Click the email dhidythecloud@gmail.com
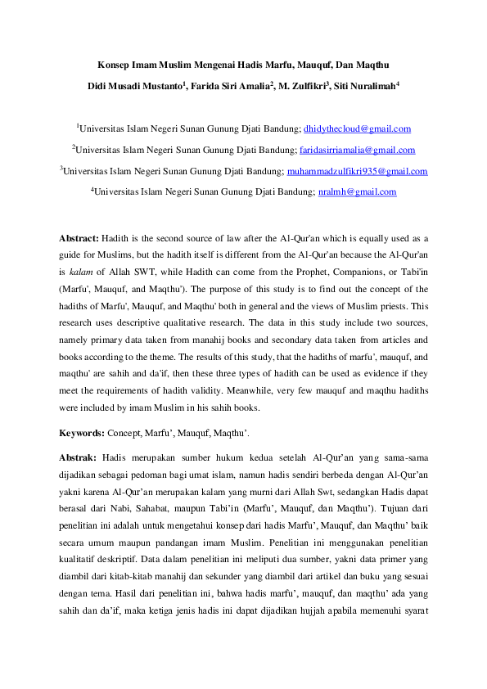[357, 129]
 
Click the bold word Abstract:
[79, 237]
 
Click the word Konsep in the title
[115, 64]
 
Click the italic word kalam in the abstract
[79, 268]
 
